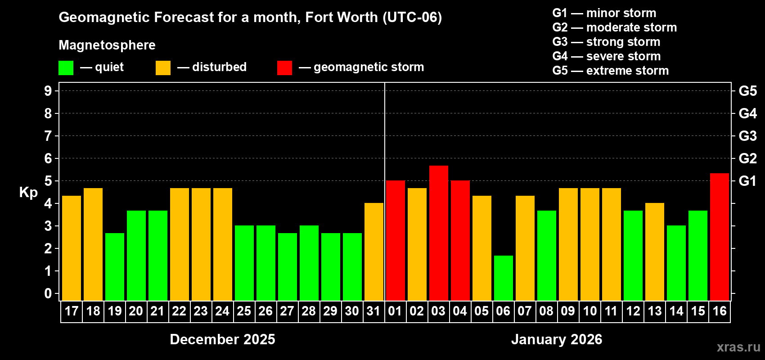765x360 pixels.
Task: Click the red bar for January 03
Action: tap(438, 233)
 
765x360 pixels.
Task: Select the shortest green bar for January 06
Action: tap(503, 278)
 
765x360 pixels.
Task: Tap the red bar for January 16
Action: tap(719, 237)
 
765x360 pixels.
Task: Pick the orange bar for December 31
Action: tap(373, 252)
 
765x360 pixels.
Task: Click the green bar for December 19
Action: tap(114, 267)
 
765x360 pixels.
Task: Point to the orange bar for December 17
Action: tap(71, 248)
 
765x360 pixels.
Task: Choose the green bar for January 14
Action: tap(676, 263)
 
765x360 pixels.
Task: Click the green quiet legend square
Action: tap(66, 68)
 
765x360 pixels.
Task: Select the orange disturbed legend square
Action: tap(163, 68)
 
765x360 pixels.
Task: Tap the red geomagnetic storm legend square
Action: tap(284, 68)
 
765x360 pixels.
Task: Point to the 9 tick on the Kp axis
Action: tap(48, 91)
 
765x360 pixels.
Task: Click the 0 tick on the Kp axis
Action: tap(48, 294)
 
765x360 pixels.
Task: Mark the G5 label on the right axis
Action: tap(747, 91)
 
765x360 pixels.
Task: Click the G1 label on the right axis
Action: tap(747, 181)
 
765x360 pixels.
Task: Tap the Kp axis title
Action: tap(28, 193)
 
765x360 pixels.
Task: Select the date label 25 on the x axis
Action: tap(244, 311)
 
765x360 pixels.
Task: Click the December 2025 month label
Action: tap(222, 339)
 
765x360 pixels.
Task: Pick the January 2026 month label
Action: tap(557, 339)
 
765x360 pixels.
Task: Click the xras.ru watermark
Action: tap(738, 347)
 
